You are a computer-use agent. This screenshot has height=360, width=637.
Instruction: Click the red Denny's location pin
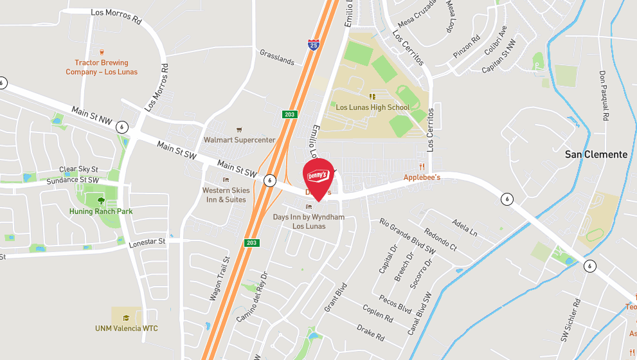(318, 175)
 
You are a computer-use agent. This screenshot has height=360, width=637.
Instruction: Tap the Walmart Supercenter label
(239, 139)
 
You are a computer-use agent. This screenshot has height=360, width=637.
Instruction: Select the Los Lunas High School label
(372, 107)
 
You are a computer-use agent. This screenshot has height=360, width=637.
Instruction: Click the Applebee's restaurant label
(422, 177)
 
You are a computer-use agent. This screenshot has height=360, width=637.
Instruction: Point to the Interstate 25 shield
(313, 45)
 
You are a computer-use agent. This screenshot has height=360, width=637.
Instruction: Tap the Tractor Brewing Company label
(102, 67)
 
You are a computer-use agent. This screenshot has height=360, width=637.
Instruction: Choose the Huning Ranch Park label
(101, 211)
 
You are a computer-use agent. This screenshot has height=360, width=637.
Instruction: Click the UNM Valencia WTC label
(127, 328)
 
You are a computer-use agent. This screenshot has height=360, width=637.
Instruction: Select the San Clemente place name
(596, 154)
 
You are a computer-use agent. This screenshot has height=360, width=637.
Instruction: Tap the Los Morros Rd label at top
(116, 16)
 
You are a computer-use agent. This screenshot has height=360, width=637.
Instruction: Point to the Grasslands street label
(277, 57)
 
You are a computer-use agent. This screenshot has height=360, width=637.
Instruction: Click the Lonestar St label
(147, 242)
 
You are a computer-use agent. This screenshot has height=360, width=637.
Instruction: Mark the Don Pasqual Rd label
(604, 96)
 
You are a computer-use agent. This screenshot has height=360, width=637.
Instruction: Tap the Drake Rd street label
(370, 332)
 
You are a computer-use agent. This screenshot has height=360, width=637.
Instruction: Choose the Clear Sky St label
(78, 170)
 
